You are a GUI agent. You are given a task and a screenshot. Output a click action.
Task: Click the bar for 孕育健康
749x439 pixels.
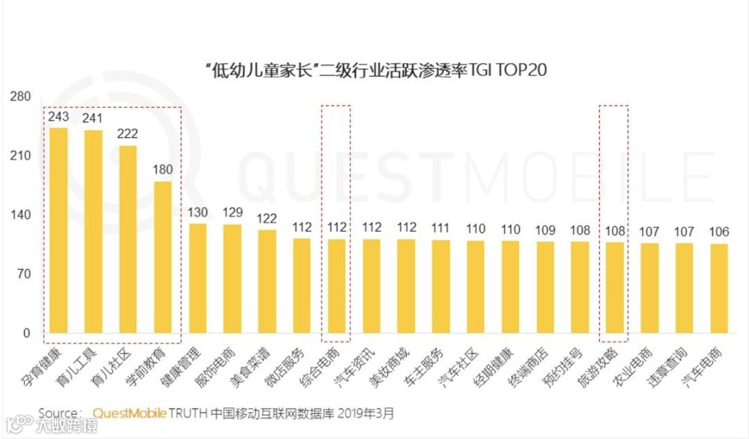pos(58,231)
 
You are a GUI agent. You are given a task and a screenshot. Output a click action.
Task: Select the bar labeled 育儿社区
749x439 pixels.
pos(128,240)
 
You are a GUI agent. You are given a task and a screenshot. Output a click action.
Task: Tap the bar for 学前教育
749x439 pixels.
pos(162,258)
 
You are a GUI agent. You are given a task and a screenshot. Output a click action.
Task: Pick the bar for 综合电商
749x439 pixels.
pos(336,286)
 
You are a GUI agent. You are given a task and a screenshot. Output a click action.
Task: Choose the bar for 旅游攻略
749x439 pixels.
pos(614,288)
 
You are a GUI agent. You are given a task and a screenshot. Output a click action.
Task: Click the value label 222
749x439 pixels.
pos(128,134)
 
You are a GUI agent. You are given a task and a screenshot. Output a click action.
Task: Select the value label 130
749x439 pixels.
pos(197,212)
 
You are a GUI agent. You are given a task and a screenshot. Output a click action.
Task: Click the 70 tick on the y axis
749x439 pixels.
pos(24,274)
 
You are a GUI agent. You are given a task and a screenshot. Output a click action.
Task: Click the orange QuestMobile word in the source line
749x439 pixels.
pos(129,413)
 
